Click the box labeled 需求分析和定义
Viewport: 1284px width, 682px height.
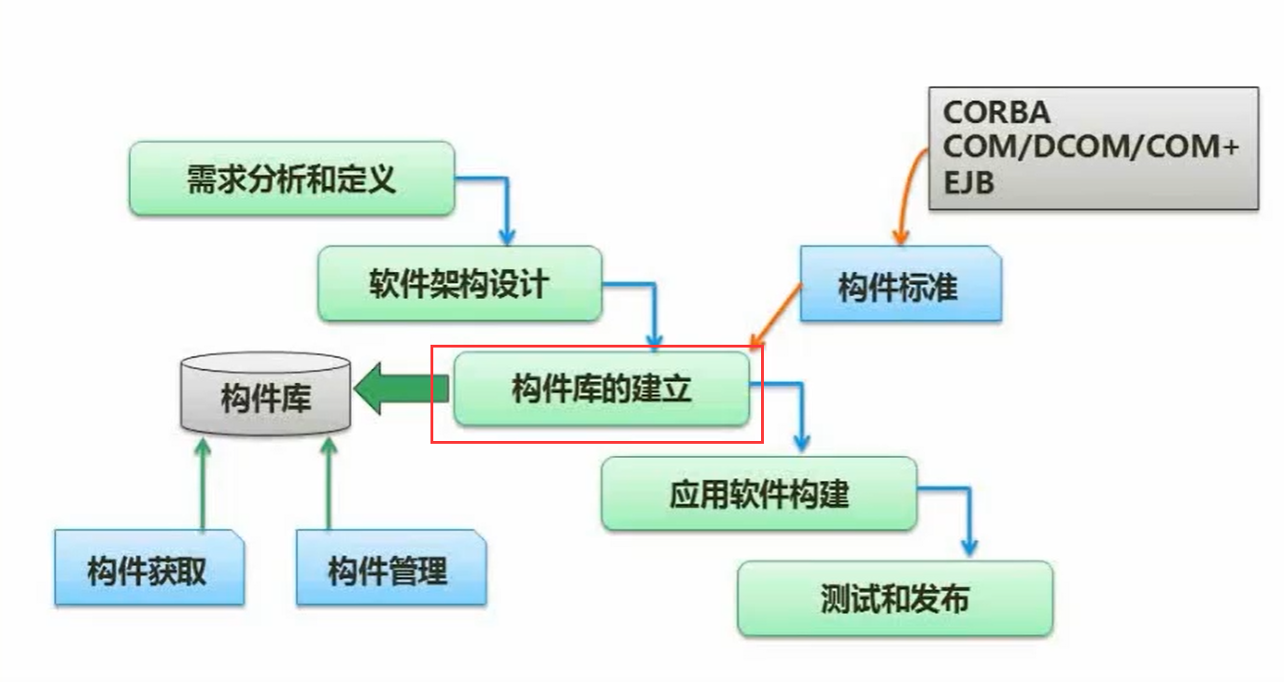pos(291,178)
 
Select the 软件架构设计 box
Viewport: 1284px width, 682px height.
pos(459,283)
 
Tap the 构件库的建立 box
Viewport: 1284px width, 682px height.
pos(601,388)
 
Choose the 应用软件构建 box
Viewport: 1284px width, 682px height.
pos(758,493)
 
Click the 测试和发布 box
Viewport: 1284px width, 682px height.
pos(895,599)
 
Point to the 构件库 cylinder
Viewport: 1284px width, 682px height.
pos(265,396)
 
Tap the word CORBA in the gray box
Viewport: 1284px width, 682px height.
pos(996,113)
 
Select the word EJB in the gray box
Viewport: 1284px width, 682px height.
pos(968,183)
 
